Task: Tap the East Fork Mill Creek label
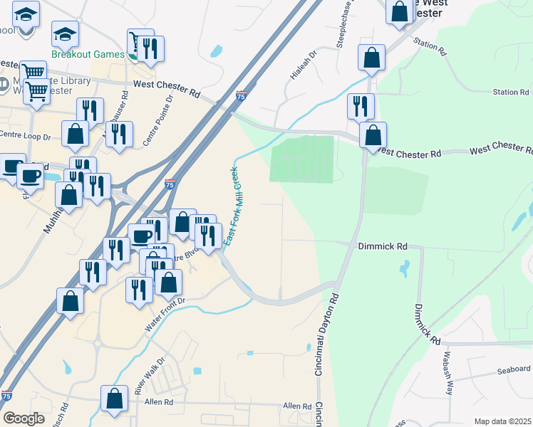(x=232, y=206)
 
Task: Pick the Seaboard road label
(x=514, y=369)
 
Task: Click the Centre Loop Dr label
(x=26, y=135)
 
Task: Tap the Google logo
(x=24, y=418)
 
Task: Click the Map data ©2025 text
(x=502, y=421)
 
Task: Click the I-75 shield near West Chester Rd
(x=242, y=95)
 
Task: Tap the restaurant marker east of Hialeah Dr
(x=361, y=106)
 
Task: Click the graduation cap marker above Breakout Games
(x=65, y=33)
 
